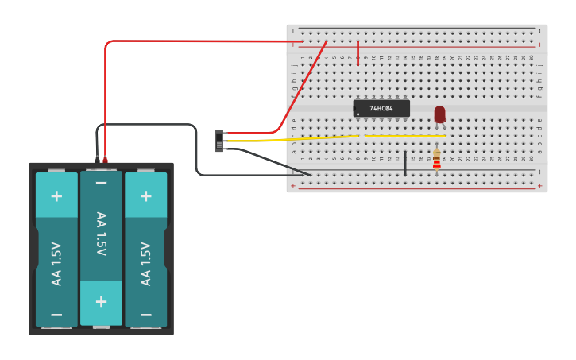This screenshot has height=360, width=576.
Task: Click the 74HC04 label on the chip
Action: [381, 108]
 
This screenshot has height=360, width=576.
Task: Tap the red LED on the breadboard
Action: [439, 114]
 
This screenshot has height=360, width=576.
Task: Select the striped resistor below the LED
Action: [436, 159]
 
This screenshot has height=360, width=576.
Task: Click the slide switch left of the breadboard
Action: [219, 141]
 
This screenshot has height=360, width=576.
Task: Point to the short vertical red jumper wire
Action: [358, 52]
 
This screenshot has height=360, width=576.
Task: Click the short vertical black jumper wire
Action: [405, 162]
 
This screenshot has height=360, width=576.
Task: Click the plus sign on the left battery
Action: [56, 195]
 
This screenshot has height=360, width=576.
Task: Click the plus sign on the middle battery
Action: [101, 301]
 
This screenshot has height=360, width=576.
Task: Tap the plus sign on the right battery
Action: [145, 195]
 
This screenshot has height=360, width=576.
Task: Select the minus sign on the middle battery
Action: [101, 184]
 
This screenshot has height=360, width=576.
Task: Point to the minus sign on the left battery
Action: [56, 314]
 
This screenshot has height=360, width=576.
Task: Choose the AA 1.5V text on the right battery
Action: [145, 263]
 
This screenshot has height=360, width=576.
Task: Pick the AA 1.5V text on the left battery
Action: [56, 263]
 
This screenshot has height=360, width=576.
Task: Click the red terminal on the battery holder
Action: [105, 159]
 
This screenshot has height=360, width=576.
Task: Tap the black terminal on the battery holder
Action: [97, 159]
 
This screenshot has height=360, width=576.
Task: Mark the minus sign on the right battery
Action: [145, 314]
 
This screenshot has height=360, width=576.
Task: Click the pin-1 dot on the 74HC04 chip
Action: [358, 114]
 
